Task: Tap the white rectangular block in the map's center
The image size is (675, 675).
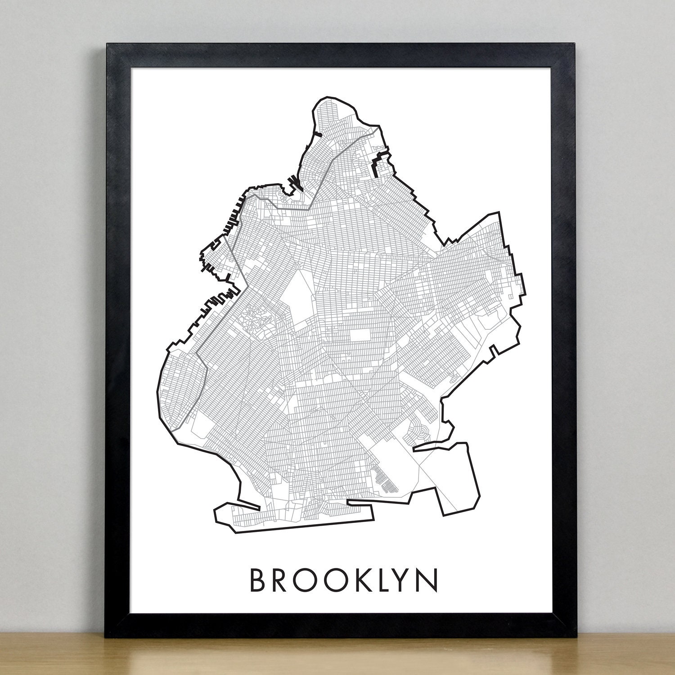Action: click(359, 336)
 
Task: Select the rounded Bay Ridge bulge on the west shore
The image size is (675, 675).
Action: click(178, 382)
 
